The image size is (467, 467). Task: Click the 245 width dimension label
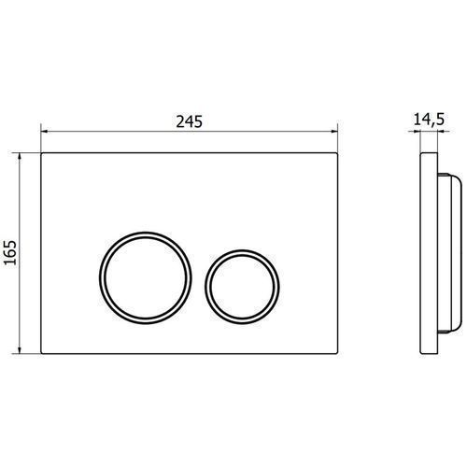point(189,121)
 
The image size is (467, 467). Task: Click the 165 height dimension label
point(10,252)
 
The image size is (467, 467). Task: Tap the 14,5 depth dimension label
point(429,120)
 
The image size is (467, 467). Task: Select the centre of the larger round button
point(146,277)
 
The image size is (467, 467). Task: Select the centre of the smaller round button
point(242,287)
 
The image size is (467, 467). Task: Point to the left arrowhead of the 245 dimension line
point(44,132)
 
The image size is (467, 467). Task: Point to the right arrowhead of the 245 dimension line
point(334,132)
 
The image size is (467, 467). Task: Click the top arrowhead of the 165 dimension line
point(20,156)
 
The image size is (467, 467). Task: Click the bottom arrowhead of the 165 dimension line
point(20,350)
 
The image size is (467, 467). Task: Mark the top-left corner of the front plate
point(41,153)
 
